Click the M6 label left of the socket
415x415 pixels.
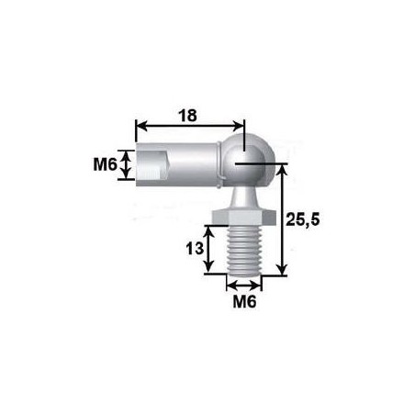coord(105,165)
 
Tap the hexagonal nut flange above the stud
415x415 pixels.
coord(241,217)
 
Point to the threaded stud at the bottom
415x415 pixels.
coord(241,249)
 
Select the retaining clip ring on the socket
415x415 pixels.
coord(222,166)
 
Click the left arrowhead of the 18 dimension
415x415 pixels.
coord(140,126)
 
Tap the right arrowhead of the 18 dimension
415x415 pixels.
coord(241,126)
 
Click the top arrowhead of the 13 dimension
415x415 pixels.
coord(211,230)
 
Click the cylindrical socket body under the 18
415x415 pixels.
coord(184,166)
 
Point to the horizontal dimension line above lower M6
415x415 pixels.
coord(241,282)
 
